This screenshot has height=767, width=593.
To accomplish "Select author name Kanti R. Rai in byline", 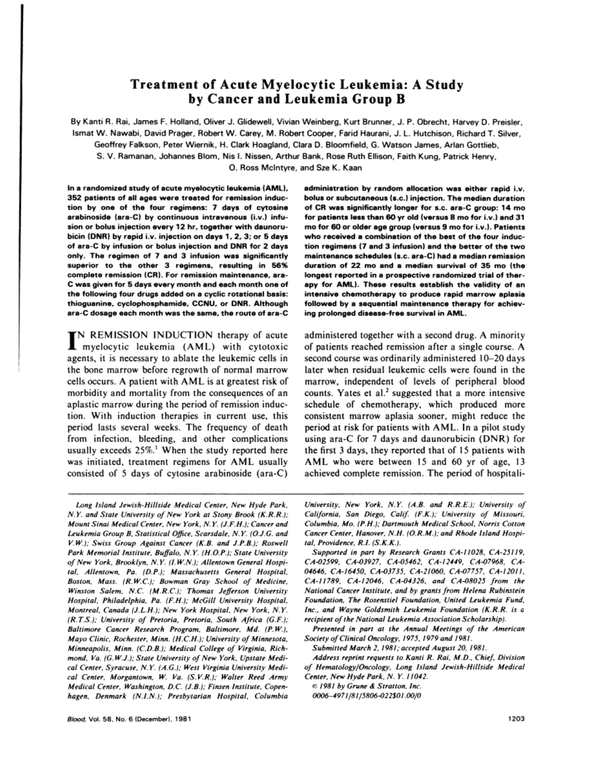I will coord(107,121).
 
